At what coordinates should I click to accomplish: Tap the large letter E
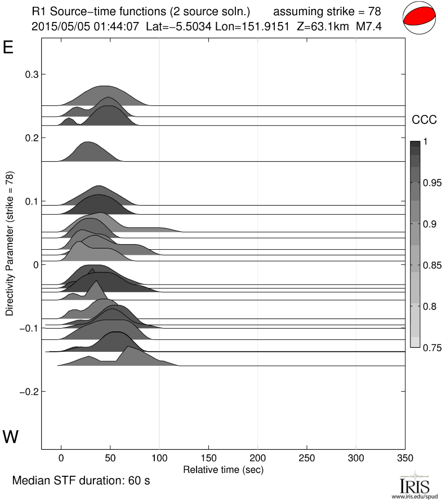tap(8, 48)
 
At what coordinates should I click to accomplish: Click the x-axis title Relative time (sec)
tap(223, 469)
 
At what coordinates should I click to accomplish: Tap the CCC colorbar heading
tap(423, 120)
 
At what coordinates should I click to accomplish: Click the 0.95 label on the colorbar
tap(433, 183)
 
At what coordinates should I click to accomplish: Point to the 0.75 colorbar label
tap(433, 347)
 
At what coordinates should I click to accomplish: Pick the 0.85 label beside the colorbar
tap(433, 265)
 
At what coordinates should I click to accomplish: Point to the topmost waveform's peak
tap(105, 86)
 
